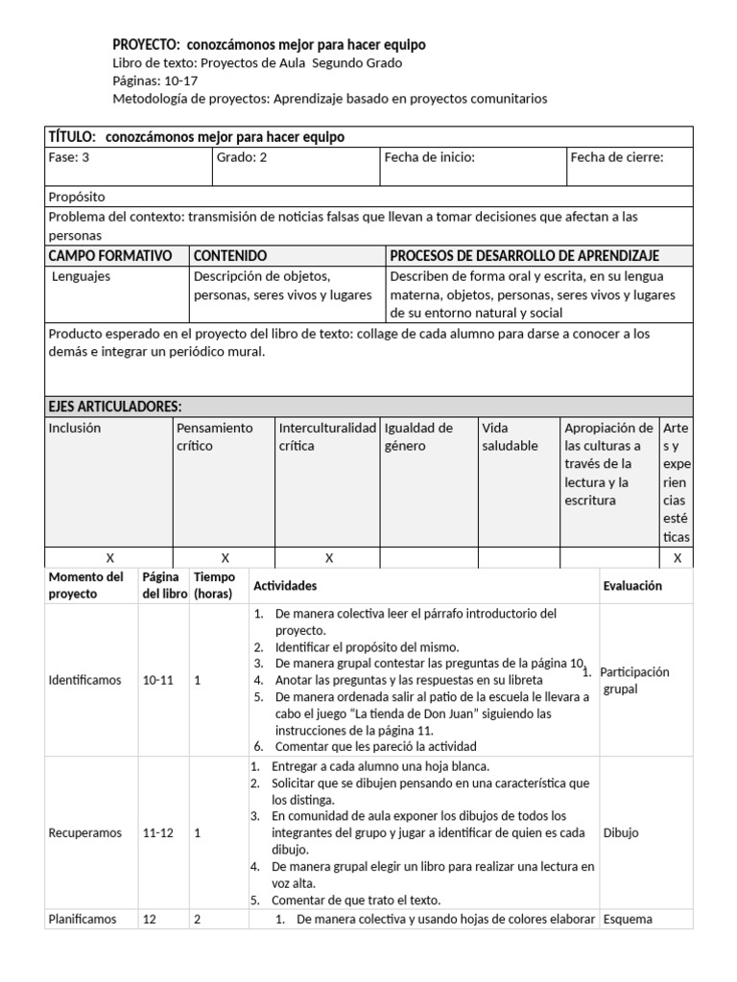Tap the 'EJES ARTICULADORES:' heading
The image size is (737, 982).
[x=115, y=407]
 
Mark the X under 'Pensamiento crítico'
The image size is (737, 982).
[x=225, y=557]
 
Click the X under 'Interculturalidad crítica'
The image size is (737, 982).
[x=328, y=557]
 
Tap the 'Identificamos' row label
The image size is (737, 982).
[x=85, y=680]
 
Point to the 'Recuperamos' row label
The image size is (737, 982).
[x=85, y=833]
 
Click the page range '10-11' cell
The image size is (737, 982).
[x=158, y=680]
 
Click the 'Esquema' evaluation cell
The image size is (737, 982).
[x=627, y=919]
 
